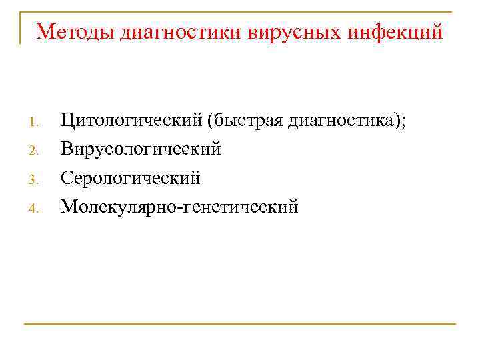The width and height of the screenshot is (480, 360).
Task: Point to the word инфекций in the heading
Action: tap(395, 31)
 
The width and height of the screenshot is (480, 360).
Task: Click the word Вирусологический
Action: tap(141, 149)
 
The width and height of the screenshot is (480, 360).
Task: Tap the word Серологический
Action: tap(131, 178)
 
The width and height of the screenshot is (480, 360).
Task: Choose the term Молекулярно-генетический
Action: tap(179, 207)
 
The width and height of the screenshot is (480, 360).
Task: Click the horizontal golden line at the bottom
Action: tap(240, 324)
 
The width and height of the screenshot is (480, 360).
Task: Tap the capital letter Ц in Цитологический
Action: tap(67, 121)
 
